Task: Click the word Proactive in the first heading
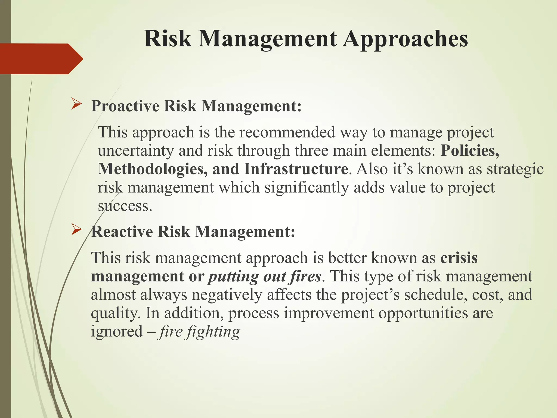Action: point(125,106)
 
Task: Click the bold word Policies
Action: point(470,150)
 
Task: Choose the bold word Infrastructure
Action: point(296,169)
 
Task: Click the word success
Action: point(125,206)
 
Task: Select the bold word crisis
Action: point(459,258)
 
